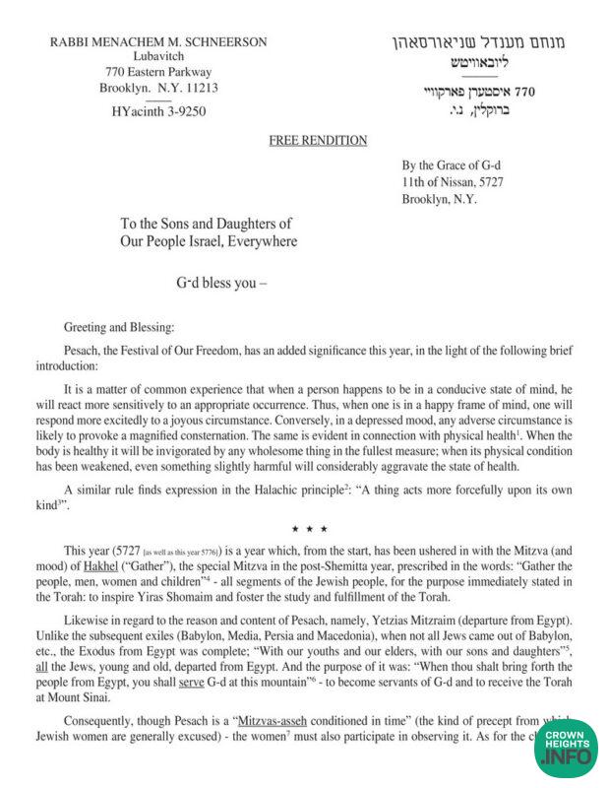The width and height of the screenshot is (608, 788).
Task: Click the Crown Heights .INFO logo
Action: [x=568, y=753]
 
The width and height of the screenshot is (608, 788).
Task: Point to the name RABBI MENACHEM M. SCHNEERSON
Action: [x=157, y=40]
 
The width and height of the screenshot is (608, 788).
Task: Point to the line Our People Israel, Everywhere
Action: [x=209, y=241]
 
